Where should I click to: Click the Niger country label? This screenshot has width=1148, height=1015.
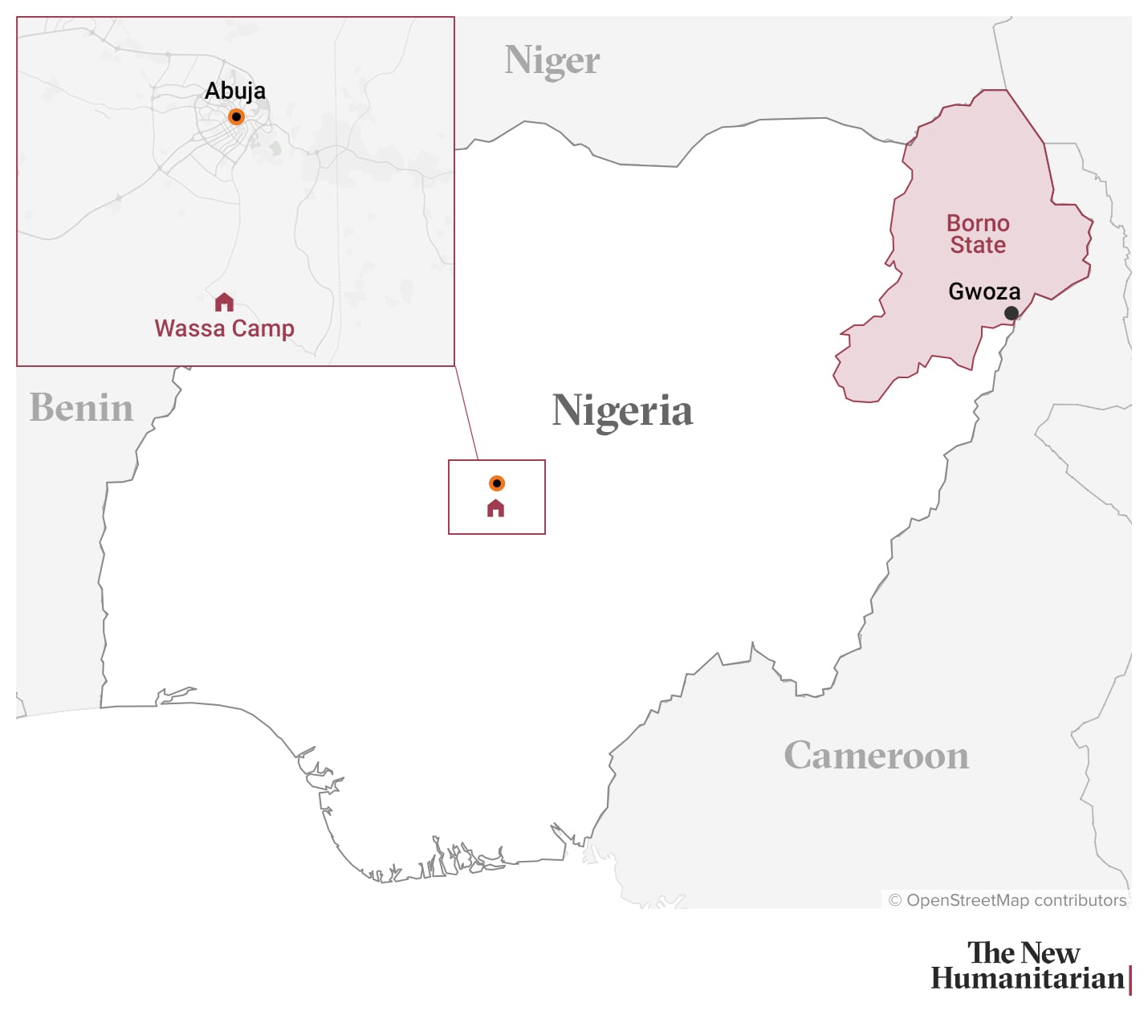pos(552,61)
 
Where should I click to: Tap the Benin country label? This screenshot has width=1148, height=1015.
pos(81,408)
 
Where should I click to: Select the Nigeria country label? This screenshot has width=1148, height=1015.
pos(622,411)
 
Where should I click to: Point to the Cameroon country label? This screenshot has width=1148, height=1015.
pos(876,756)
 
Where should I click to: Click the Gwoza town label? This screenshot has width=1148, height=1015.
pos(984,291)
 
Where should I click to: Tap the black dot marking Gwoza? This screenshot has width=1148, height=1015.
pos(1012,313)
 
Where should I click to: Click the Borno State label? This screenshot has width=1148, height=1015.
pos(978,234)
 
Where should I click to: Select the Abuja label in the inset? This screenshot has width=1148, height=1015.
pos(235,91)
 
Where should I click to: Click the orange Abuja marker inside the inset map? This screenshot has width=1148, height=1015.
pos(236,117)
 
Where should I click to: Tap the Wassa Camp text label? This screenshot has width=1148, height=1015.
pos(224,328)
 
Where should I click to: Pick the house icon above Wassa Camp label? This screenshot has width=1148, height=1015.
pos(224,303)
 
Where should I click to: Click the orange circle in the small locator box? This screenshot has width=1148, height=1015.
pos(497,483)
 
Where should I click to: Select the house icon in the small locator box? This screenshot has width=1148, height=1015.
pos(496,508)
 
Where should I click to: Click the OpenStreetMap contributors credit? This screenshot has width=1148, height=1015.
pos(1008,900)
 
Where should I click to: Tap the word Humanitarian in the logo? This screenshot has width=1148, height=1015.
pos(1027,979)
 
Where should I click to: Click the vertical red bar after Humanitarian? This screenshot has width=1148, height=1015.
pos(1130,980)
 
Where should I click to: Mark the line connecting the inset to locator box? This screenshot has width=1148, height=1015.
pos(466,414)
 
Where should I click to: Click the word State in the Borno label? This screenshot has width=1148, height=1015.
pos(978,245)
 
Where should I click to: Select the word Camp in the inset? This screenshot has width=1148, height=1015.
pos(263,329)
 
